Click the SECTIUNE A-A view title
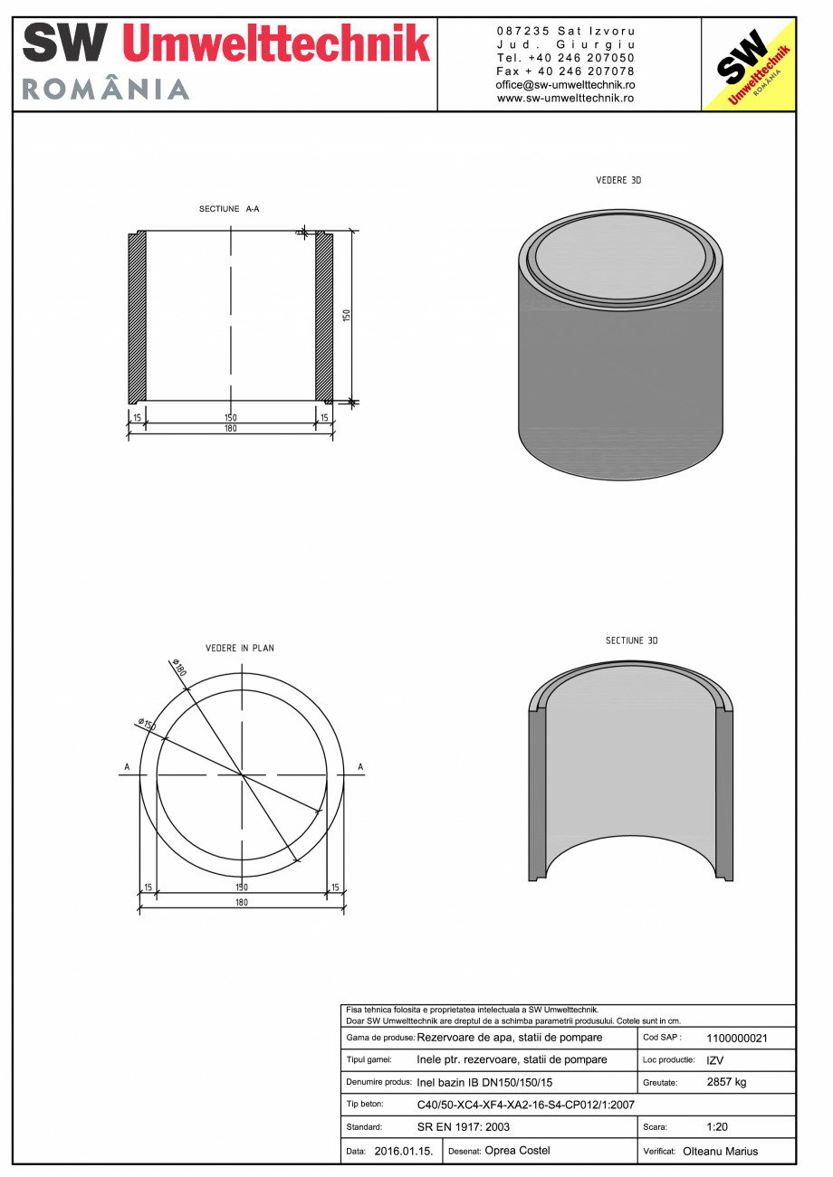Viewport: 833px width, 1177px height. click(229, 209)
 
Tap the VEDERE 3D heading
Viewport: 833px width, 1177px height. click(618, 181)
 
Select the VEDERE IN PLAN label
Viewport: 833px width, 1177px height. click(240, 649)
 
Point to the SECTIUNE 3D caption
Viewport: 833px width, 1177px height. click(631, 641)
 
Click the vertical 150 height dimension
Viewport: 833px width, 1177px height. click(346, 315)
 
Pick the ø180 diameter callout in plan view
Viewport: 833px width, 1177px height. click(177, 670)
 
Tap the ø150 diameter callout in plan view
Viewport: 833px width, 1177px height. click(148, 726)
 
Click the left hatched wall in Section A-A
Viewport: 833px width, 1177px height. click(138, 317)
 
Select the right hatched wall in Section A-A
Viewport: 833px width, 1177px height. click(324, 317)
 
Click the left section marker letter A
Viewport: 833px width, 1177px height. click(127, 768)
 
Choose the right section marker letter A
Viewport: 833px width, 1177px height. click(360, 768)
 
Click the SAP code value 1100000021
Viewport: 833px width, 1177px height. click(736, 1039)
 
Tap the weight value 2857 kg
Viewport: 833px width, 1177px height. click(726, 1082)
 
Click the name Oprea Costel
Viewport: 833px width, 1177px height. click(517, 1151)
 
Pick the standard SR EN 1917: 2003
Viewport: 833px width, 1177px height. click(464, 1128)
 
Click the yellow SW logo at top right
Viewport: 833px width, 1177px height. click(749, 64)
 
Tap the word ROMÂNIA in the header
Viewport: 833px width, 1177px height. click(105, 89)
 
